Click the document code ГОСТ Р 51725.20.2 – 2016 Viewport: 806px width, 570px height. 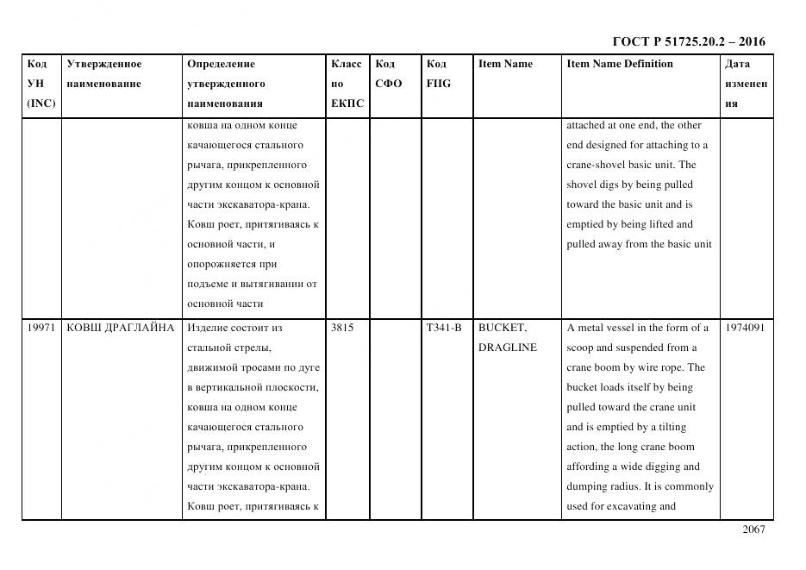pyautogui.click(x=688, y=41)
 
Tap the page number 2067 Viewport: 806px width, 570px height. pyautogui.click(x=753, y=529)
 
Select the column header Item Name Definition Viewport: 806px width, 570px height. pyautogui.click(x=619, y=64)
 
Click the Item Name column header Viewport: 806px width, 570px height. pyautogui.click(x=505, y=64)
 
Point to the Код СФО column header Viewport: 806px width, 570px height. pyautogui.click(x=389, y=74)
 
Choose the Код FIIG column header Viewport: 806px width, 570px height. pyautogui.click(x=438, y=74)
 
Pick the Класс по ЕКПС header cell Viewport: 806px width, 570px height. pyautogui.click(x=347, y=84)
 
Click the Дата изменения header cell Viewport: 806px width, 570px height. pyautogui.click(x=746, y=84)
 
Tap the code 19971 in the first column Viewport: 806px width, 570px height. pyautogui.click(x=41, y=328)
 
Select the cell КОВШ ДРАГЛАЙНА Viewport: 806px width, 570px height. pyautogui.click(x=120, y=328)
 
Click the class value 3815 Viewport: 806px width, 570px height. pyautogui.click(x=341, y=328)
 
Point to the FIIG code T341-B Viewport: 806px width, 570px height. pyautogui.click(x=443, y=328)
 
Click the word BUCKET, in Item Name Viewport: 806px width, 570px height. pyautogui.click(x=502, y=328)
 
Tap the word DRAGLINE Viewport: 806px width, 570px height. pyautogui.click(x=507, y=348)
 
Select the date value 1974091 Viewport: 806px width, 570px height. pyautogui.click(x=745, y=328)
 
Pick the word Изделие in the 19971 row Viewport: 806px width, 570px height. pyautogui.click(x=204, y=328)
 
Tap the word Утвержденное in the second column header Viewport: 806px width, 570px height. pyautogui.click(x=103, y=64)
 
